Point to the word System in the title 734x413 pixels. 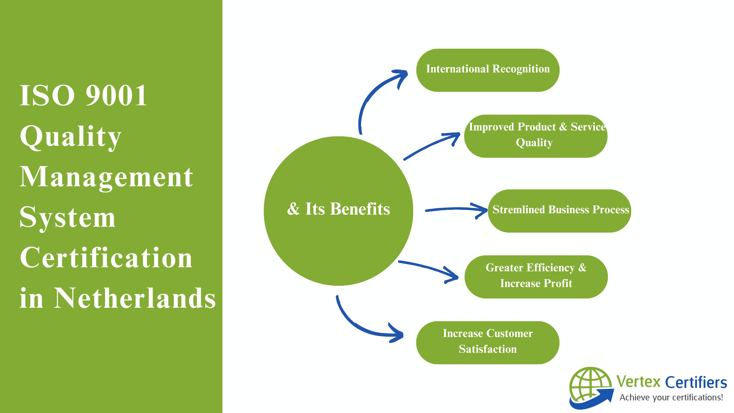67,217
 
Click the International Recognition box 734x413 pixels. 488,70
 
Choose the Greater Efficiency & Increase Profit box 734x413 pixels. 536,276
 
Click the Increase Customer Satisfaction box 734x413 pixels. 488,342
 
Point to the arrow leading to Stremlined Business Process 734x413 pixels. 456,210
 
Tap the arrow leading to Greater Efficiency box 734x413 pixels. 427,268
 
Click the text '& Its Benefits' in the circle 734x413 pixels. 338,209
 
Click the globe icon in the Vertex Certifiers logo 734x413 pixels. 590,386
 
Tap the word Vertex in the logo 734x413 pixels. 638,382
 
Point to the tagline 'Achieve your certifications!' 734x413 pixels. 671,397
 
